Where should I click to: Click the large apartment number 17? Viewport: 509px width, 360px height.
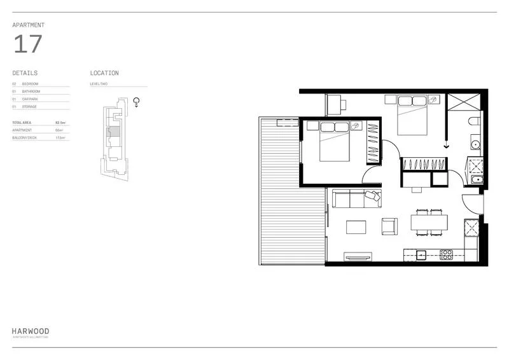pos(27,44)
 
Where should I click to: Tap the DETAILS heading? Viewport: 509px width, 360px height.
pos(25,73)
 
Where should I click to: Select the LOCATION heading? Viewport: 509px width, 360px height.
pos(104,73)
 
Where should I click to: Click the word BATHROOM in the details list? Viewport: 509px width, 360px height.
pos(31,91)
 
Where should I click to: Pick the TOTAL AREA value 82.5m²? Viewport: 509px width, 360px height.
pos(62,122)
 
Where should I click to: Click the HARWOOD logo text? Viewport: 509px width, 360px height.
pos(30,331)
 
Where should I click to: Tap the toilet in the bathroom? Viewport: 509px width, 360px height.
pos(474,121)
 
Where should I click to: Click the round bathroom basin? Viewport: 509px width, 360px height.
pos(475,144)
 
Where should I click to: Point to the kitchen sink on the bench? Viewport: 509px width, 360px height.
pos(421,255)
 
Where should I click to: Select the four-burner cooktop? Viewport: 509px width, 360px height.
pos(446,255)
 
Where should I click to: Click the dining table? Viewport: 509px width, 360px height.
pos(429,222)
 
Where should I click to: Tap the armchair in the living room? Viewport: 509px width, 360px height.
pos(389,225)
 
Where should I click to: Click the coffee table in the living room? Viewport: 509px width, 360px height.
pos(356,227)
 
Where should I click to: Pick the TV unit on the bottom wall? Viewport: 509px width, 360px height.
pos(357,256)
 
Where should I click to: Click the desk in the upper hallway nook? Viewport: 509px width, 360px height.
pos(335,103)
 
